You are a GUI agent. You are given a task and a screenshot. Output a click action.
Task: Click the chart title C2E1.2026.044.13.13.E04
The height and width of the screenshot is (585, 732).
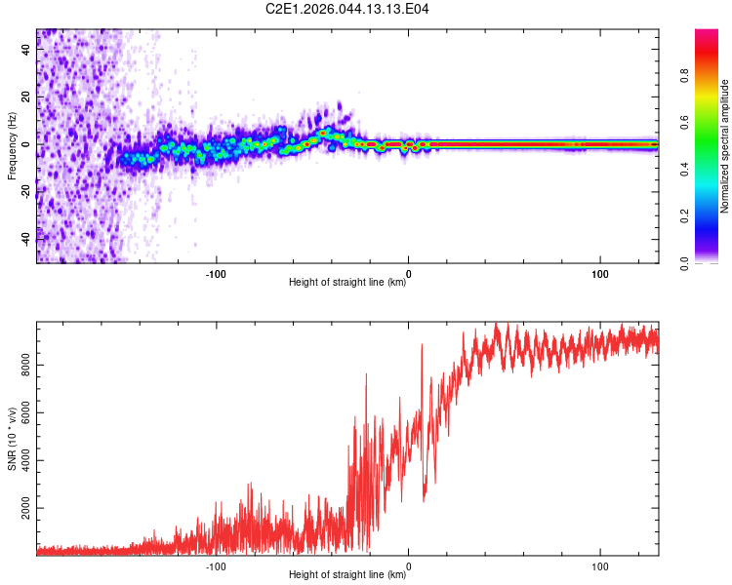pyautogui.click(x=347, y=9)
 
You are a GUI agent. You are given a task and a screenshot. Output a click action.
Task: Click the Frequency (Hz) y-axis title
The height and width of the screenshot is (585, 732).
pyautogui.click(x=12, y=146)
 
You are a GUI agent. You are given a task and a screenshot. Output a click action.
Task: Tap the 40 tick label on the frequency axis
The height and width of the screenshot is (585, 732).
pyautogui.click(x=26, y=51)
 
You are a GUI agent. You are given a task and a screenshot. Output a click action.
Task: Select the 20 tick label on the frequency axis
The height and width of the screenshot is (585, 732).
pyautogui.click(x=26, y=97)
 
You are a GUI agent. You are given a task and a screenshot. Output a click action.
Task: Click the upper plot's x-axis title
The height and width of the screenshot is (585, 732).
pyautogui.click(x=347, y=283)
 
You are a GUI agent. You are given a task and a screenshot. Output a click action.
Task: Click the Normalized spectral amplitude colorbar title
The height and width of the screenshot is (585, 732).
pyautogui.click(x=725, y=146)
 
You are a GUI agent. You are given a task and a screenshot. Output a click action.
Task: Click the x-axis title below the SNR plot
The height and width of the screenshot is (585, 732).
pyautogui.click(x=347, y=574)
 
